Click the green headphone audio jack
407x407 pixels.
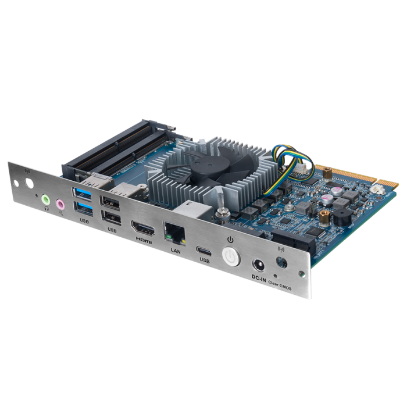point(46,199)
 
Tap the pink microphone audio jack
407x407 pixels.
point(60,204)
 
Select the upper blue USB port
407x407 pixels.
point(83,192)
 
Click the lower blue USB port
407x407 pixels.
point(83,206)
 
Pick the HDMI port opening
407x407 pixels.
point(141,227)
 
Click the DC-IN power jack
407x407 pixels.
point(259,266)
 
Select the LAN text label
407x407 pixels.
point(176,250)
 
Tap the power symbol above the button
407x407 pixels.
point(230,240)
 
